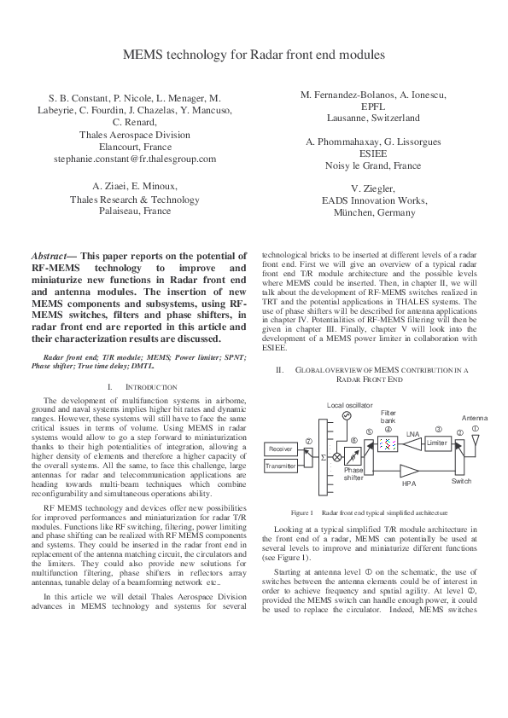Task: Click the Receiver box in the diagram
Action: pos(281,449)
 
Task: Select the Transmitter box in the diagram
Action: pos(281,466)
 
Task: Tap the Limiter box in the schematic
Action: pos(436,443)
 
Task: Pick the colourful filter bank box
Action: pos(388,444)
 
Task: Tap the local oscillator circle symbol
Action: pos(347,415)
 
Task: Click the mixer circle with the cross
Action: pos(336,457)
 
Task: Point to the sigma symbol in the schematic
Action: pos(323,458)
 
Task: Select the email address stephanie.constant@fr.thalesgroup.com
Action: pos(135,159)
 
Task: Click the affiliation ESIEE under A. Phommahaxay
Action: pos(372,153)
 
